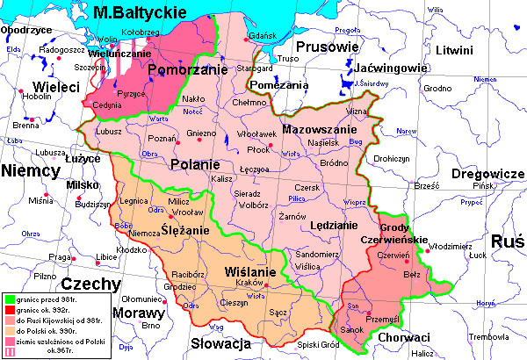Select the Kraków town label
249,283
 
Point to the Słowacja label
220,343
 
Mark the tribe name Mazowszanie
314,129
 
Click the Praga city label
59,257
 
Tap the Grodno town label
437,88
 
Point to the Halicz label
423,352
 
